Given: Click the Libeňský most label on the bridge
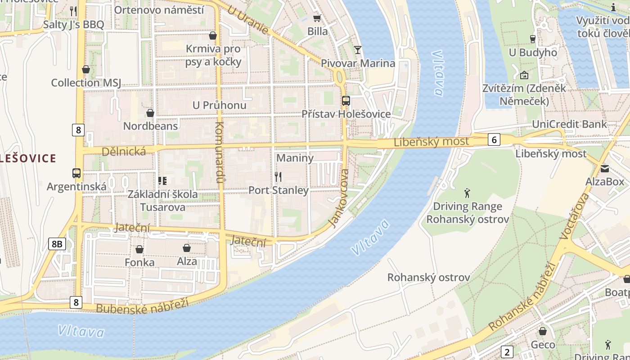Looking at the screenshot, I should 431,142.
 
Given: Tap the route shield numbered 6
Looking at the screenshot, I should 494,140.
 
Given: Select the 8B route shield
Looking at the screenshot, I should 57,244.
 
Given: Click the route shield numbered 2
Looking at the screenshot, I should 507,352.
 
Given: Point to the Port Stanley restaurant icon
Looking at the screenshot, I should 278,177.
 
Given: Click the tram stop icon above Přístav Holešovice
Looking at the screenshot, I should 346,101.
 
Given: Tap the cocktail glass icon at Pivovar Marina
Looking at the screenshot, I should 358,49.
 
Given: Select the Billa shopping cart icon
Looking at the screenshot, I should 317,18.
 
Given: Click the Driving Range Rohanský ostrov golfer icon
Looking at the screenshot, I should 467,193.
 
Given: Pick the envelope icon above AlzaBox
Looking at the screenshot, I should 604,169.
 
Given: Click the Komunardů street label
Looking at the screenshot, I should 220,151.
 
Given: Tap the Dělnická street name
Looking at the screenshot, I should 123,152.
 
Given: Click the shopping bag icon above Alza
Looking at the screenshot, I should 187,248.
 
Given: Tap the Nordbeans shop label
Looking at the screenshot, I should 150,126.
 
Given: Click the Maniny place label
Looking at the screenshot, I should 295,158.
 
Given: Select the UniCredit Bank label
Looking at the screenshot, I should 569,124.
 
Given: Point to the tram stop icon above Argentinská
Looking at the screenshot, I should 76,173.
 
